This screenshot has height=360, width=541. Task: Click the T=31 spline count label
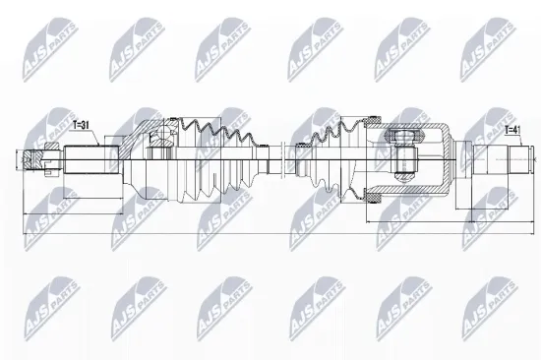86,125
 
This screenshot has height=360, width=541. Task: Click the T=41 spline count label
512,129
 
